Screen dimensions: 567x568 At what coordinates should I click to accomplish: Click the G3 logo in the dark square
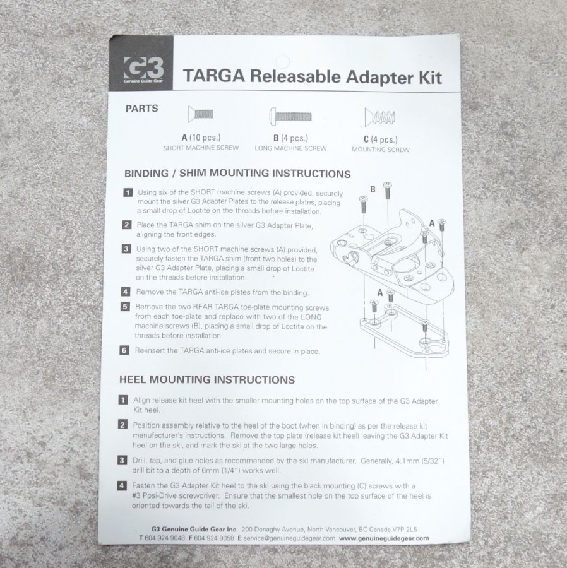point(143,68)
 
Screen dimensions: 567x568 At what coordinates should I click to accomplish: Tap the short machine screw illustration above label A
point(200,114)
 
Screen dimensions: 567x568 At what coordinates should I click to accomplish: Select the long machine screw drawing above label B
point(290,116)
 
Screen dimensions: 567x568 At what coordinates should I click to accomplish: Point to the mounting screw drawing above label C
point(379,117)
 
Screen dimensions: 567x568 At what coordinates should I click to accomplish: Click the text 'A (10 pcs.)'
point(201,138)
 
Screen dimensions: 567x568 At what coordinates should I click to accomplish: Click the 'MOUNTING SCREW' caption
point(380,150)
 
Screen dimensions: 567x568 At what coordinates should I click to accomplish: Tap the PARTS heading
point(141,109)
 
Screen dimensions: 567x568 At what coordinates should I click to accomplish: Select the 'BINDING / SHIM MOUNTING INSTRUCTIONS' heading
point(237,174)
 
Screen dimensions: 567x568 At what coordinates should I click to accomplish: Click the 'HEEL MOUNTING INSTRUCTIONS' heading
point(207,379)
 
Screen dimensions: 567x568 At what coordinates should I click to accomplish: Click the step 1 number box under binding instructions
point(128,192)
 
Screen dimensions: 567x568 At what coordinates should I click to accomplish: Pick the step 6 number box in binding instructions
point(124,350)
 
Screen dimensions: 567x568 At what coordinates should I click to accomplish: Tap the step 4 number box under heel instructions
point(122,486)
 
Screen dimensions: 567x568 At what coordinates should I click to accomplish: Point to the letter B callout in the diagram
point(373,189)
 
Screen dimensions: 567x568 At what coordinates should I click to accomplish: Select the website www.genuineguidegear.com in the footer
point(384,538)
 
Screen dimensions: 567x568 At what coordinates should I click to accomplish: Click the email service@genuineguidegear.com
point(289,538)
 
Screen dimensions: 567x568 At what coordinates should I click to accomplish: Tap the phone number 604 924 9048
point(165,538)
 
